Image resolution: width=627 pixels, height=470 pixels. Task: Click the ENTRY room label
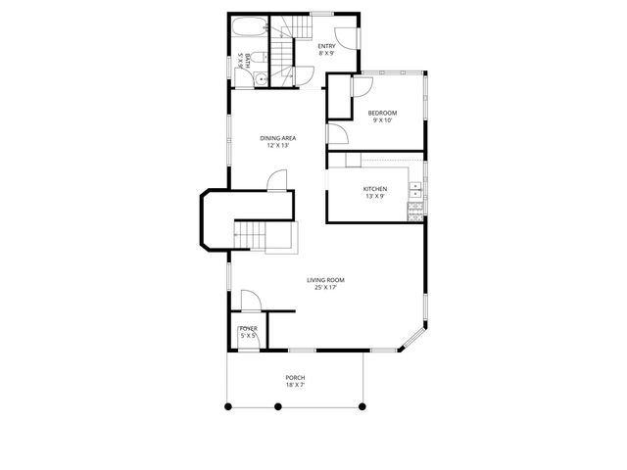tap(328, 45)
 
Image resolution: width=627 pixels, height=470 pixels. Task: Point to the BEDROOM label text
tap(380, 113)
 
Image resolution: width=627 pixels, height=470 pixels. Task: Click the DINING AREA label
tap(278, 138)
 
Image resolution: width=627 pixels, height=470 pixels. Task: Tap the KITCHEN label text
tap(375, 188)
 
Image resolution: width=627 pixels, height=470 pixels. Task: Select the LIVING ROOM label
tap(324, 280)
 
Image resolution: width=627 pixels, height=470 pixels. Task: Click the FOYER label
tap(248, 328)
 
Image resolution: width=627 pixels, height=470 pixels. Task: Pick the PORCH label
tap(295, 378)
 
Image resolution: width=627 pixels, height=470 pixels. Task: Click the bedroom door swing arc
tap(360, 85)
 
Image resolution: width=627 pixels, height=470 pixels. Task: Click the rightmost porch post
tap(362, 404)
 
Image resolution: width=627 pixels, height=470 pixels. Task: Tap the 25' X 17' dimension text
tap(324, 288)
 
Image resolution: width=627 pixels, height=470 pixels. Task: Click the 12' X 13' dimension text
tap(278, 146)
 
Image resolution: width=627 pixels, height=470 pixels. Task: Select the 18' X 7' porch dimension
tap(295, 386)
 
